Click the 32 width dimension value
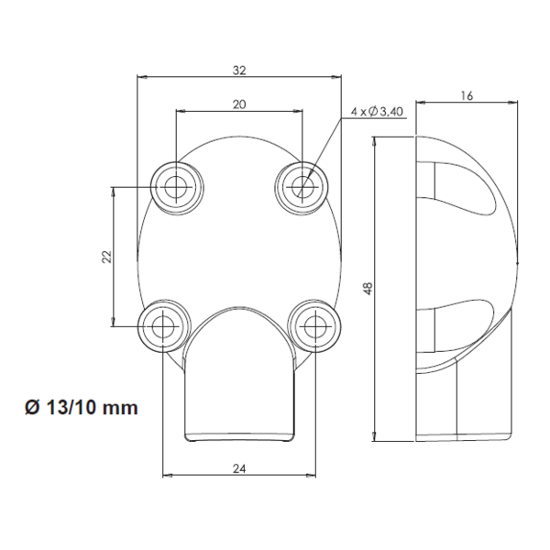pyautogui.click(x=239, y=70)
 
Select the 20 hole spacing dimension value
pyautogui.click(x=239, y=104)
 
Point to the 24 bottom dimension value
pyautogui.click(x=239, y=467)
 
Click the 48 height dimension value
pyautogui.click(x=368, y=287)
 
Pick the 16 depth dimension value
pyautogui.click(x=467, y=95)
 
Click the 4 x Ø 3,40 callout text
pyautogui.click(x=376, y=112)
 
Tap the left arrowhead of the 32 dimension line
pyautogui.click(x=141, y=78)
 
